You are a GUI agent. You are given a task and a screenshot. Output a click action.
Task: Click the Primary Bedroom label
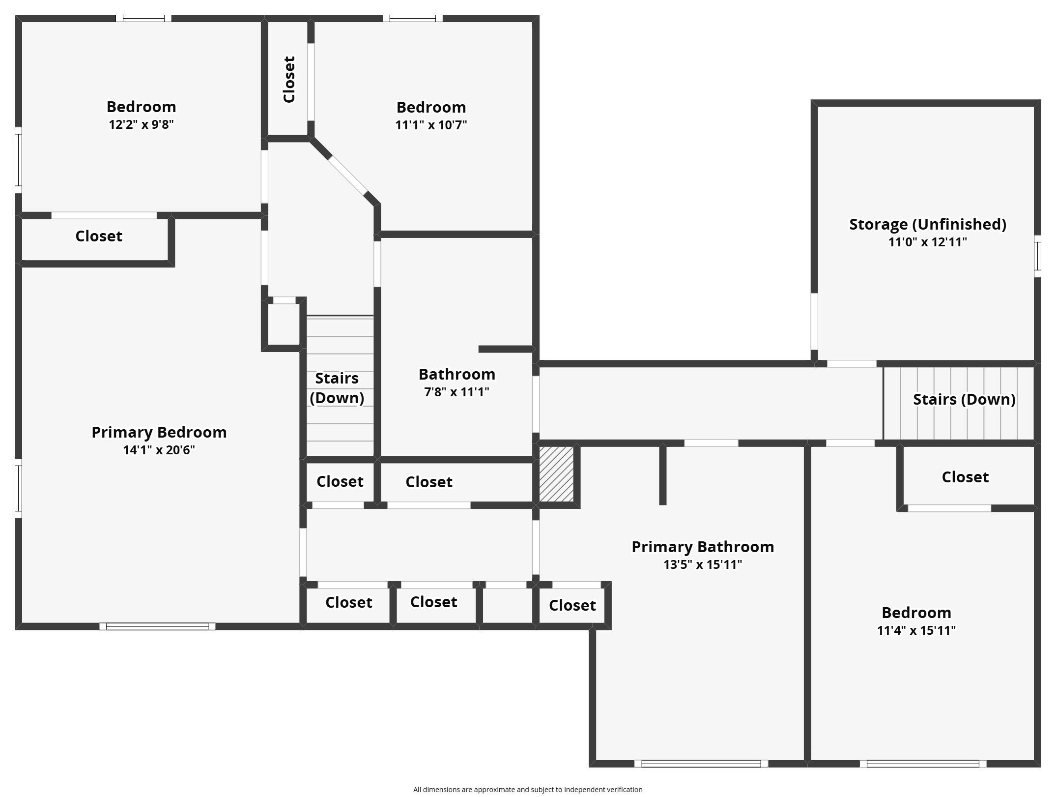pyautogui.click(x=159, y=432)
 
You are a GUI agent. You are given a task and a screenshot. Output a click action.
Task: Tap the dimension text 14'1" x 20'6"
pyautogui.click(x=159, y=450)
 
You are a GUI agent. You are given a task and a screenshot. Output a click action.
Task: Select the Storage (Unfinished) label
pyautogui.click(x=927, y=224)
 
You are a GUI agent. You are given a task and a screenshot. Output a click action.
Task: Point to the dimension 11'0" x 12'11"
pyautogui.click(x=927, y=242)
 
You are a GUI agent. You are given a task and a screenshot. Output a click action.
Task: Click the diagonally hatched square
pyautogui.click(x=556, y=474)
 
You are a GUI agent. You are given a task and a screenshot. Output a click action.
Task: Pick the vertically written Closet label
pyautogui.click(x=289, y=79)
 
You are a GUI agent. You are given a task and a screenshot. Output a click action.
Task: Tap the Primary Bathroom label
pyautogui.click(x=702, y=547)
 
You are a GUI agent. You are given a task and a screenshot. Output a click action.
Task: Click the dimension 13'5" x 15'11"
pyautogui.click(x=702, y=564)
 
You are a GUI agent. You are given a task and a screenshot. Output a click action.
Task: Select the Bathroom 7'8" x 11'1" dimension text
pyautogui.click(x=457, y=392)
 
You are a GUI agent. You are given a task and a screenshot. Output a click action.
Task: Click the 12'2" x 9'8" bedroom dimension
pyautogui.click(x=141, y=124)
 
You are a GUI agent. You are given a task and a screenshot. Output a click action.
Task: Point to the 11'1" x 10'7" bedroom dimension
pyautogui.click(x=431, y=125)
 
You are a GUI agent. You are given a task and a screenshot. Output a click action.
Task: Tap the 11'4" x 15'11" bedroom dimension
pyautogui.click(x=916, y=630)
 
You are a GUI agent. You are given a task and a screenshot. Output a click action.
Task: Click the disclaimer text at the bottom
pyautogui.click(x=527, y=790)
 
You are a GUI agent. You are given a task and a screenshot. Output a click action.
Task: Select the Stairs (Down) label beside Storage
pyautogui.click(x=964, y=399)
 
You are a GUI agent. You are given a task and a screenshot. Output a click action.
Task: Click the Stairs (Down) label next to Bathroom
pyautogui.click(x=337, y=388)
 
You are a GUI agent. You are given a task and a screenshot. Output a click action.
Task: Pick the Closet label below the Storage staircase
pyautogui.click(x=965, y=477)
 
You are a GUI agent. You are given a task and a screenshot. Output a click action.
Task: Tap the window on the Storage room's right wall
pyautogui.click(x=1037, y=256)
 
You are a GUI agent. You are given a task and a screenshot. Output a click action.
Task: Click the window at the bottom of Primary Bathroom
pyautogui.click(x=701, y=764)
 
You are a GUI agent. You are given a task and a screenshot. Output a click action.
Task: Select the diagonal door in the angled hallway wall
pyautogui.click(x=347, y=176)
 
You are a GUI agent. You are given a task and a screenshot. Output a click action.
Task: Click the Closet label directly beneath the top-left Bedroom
pyautogui.click(x=98, y=236)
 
